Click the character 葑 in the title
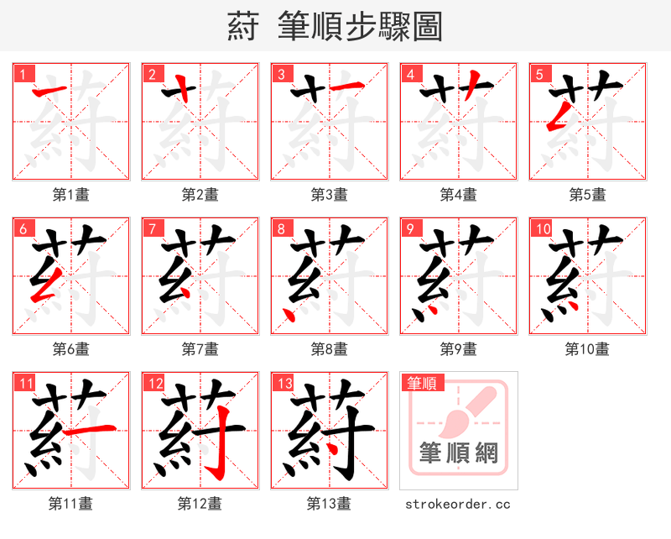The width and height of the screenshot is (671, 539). coord(243,26)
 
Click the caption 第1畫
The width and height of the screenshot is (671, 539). coord(71,195)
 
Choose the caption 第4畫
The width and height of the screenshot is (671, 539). coord(459,195)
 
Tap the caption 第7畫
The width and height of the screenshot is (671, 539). coord(200,348)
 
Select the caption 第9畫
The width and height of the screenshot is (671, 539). coord(459,348)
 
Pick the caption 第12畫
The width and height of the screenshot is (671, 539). coord(200,504)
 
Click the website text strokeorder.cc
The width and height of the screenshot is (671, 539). coord(458,504)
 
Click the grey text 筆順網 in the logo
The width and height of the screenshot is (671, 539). coord(459,454)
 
